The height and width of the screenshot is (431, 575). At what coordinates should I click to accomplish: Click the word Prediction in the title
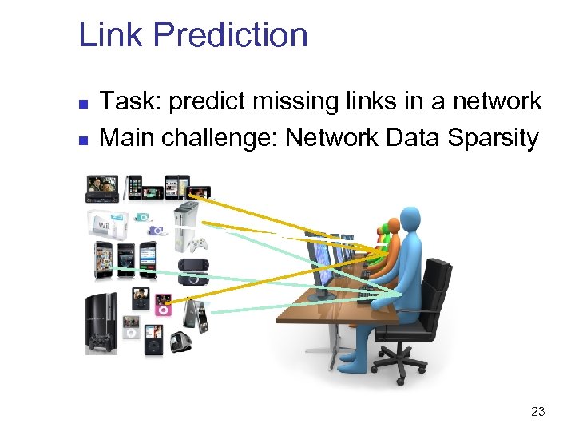[x=230, y=35]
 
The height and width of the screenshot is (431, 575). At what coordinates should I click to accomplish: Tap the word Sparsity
[x=493, y=137]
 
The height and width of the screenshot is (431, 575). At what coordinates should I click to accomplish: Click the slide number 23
[x=537, y=412]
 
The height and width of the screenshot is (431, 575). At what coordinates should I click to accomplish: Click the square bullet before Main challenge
[x=83, y=139]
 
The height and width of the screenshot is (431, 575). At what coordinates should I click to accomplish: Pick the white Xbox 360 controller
[x=197, y=244]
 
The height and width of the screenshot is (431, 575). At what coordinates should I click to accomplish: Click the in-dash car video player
[x=103, y=189]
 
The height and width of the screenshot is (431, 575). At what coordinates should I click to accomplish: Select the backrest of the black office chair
[x=438, y=284]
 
